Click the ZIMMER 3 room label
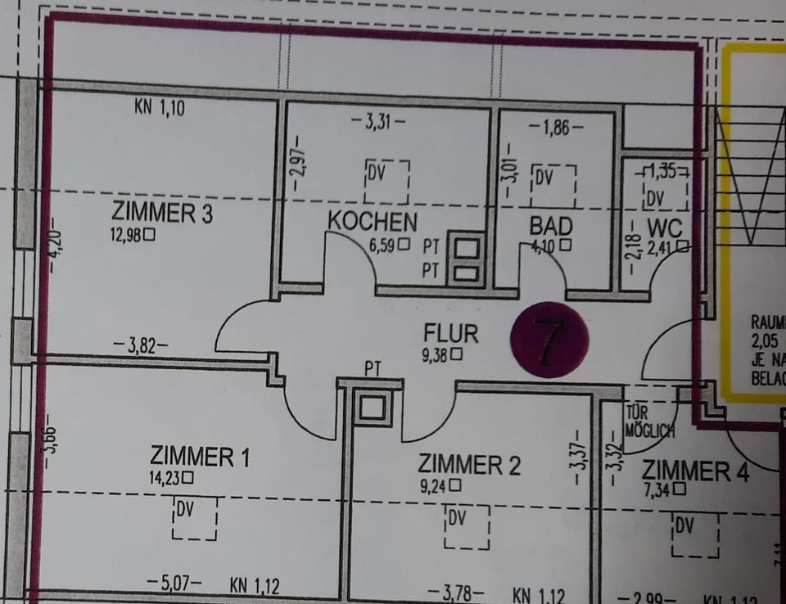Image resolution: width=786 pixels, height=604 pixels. pyautogui.click(x=162, y=214)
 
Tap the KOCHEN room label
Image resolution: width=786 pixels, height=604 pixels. pyautogui.click(x=373, y=221)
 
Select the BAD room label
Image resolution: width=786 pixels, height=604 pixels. pyautogui.click(x=550, y=225)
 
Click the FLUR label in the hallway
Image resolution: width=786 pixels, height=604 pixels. pyautogui.click(x=450, y=334)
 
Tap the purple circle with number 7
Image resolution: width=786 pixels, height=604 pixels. pyautogui.click(x=549, y=339)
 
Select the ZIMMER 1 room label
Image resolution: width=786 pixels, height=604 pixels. pyautogui.click(x=199, y=457)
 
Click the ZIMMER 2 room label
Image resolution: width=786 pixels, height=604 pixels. pyautogui.click(x=469, y=464)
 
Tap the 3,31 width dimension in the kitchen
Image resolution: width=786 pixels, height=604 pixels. pyautogui.click(x=377, y=124)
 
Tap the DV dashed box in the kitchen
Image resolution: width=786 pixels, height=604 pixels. pyautogui.click(x=386, y=181)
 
